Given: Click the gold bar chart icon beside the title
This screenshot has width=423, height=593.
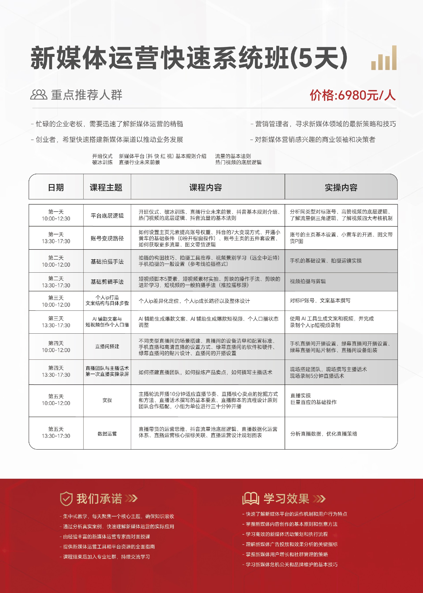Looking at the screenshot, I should tap(384, 58).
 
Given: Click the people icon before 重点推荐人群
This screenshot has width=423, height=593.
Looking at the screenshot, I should tap(39, 95).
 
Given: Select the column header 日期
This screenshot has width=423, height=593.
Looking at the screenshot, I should tap(56, 187).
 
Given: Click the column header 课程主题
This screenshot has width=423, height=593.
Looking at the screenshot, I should tap(106, 187).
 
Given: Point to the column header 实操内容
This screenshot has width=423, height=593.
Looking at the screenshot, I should tap(341, 187).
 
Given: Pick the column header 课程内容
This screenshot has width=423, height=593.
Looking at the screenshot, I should tap(206, 187).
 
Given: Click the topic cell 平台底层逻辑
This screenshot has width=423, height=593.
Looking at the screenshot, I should tap(107, 216).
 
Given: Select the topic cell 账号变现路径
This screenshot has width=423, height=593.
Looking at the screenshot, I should tap(107, 238).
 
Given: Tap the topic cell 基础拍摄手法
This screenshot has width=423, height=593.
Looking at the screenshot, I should tap(107, 261).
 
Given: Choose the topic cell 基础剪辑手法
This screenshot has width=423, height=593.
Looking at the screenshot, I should tap(107, 282).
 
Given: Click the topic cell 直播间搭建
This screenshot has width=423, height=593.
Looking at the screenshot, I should tap(107, 346).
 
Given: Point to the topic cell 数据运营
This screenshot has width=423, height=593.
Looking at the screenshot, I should tap(107, 433).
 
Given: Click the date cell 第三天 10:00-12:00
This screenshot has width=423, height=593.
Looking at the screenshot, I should tap(56, 301).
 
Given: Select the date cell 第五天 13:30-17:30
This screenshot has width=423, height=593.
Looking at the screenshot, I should tap(56, 432).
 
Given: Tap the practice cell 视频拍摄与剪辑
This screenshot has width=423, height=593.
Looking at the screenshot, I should tap(308, 281).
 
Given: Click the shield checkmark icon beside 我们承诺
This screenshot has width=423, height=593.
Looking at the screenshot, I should tap(66, 499).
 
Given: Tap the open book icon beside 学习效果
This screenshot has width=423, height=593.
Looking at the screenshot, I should tap(250, 499).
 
